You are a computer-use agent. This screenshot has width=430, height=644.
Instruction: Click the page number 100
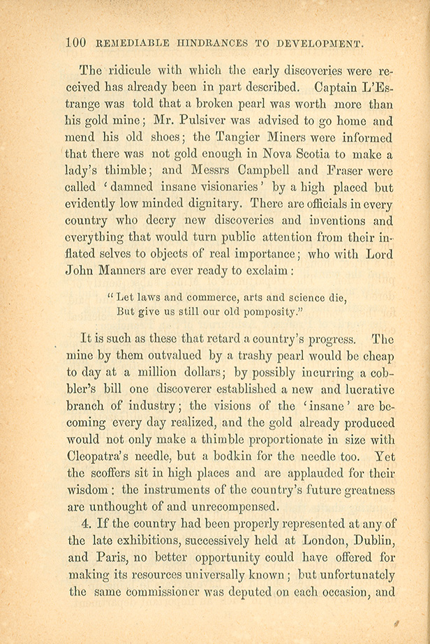[74, 43]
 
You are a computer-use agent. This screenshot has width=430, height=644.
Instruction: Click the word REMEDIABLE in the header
[127, 44]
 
